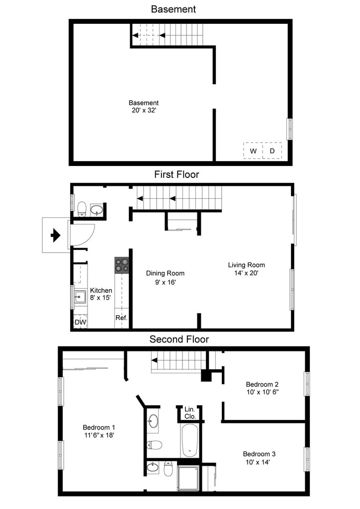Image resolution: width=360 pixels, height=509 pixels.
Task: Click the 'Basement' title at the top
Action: click(x=173, y=9)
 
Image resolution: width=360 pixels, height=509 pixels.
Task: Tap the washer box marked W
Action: click(x=253, y=151)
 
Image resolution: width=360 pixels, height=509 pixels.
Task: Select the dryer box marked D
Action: click(x=272, y=151)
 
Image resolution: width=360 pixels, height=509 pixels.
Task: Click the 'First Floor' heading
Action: click(x=177, y=174)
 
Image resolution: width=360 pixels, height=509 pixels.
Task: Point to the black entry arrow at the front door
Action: click(x=56, y=235)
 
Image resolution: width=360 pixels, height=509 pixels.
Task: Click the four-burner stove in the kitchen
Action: click(x=122, y=265)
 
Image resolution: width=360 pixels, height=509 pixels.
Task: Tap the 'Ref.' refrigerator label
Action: click(x=121, y=318)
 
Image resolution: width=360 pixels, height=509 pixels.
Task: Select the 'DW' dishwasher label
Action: click(x=80, y=322)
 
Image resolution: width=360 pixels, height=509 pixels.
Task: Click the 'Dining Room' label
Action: click(x=165, y=273)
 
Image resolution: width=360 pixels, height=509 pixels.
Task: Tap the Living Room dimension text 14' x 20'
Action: click(x=246, y=273)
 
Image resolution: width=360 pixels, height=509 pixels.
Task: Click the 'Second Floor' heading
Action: click(x=179, y=339)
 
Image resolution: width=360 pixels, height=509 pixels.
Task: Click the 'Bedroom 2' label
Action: click(x=262, y=384)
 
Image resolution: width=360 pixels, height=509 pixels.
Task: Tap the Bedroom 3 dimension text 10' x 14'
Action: click(x=259, y=462)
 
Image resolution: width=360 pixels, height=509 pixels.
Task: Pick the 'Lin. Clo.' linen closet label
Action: click(x=190, y=413)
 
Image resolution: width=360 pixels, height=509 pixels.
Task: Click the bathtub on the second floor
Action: click(x=189, y=440)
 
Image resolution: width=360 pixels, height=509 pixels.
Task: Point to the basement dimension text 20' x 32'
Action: click(x=144, y=110)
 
